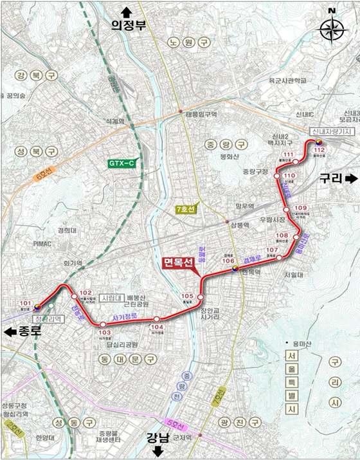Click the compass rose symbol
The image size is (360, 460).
332,29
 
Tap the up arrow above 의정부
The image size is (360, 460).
125,11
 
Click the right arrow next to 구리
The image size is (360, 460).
351,178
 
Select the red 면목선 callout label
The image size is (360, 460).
181,264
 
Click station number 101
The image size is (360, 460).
26,302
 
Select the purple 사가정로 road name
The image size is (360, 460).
126,317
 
